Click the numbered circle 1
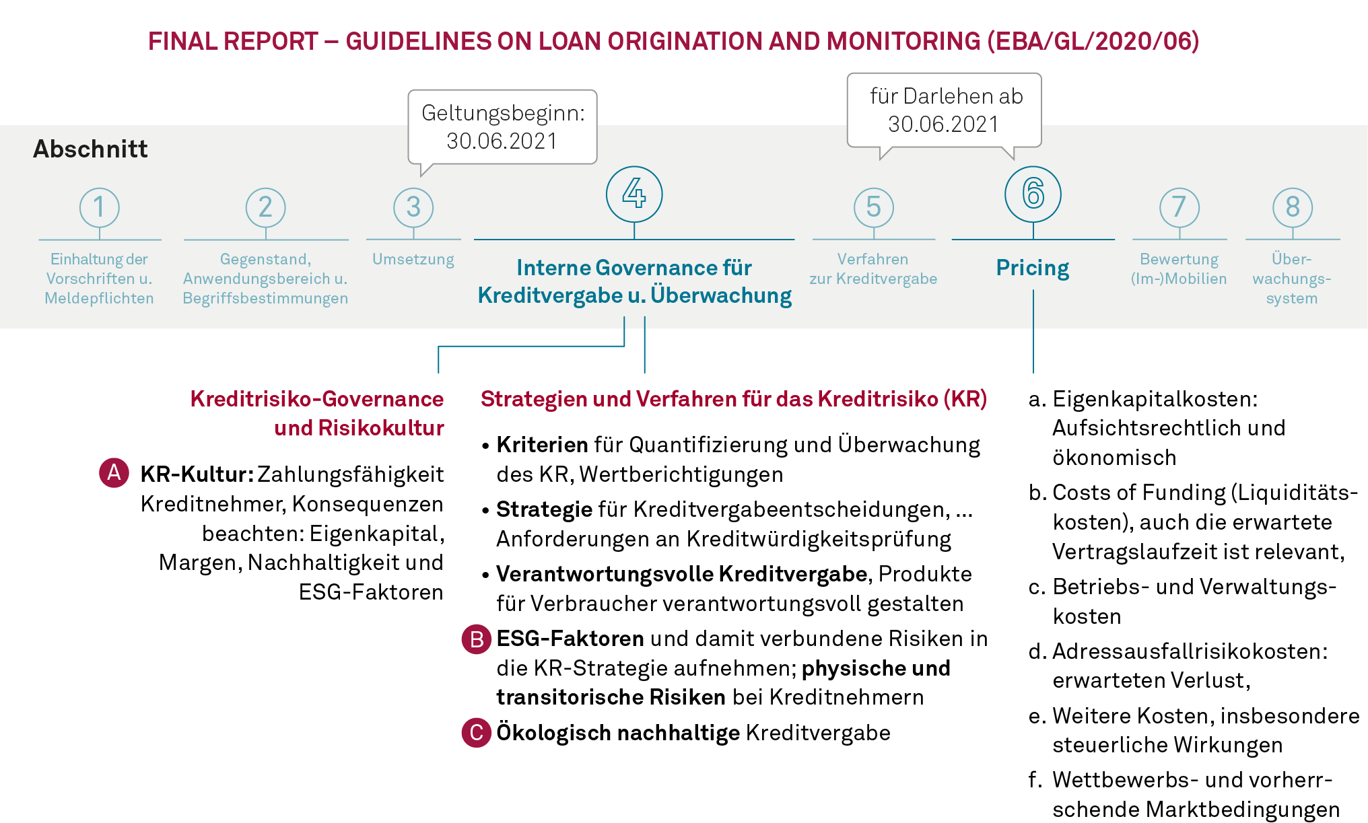(x=100, y=207)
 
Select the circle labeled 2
(x=265, y=207)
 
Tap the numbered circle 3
(x=413, y=207)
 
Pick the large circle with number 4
(x=634, y=194)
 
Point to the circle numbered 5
(x=873, y=207)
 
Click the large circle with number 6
(x=1033, y=194)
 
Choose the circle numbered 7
(x=1179, y=207)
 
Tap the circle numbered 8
(x=1292, y=207)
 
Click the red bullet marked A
(x=114, y=472)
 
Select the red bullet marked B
(x=477, y=639)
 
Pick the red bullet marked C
(x=477, y=732)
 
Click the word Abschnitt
(x=90, y=149)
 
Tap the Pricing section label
(x=1033, y=268)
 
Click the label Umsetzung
(x=413, y=260)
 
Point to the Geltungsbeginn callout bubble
(x=502, y=127)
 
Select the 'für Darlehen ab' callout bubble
(x=945, y=110)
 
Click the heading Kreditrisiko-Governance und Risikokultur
(x=317, y=413)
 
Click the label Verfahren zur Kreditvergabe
(x=873, y=269)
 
